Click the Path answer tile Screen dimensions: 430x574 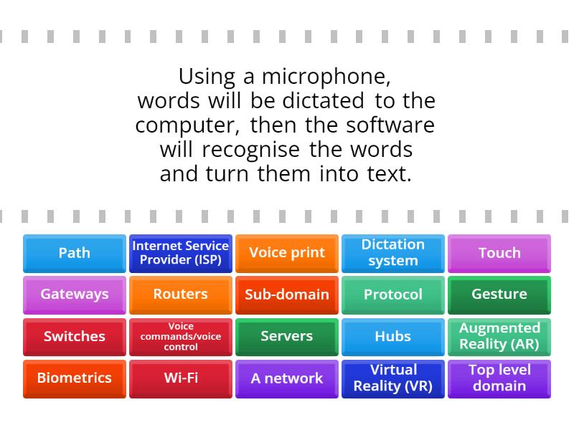75,253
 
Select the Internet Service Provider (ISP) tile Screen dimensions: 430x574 181,253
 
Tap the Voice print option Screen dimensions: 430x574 287,253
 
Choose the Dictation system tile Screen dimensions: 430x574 393,253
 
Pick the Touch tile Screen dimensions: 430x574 499,253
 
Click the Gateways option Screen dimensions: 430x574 75,295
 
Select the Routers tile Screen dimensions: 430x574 181,295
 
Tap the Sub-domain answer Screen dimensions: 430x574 287,295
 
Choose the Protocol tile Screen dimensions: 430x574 393,295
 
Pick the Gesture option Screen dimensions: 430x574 499,295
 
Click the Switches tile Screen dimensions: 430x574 75,336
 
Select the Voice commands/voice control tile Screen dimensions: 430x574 181,336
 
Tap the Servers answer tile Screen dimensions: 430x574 287,336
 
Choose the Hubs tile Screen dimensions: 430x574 393,336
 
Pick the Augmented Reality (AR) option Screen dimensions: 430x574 499,336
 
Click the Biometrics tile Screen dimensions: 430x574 75,378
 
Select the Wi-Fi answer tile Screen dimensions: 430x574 181,378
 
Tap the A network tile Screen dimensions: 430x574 287,378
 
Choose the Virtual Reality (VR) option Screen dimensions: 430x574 393,378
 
